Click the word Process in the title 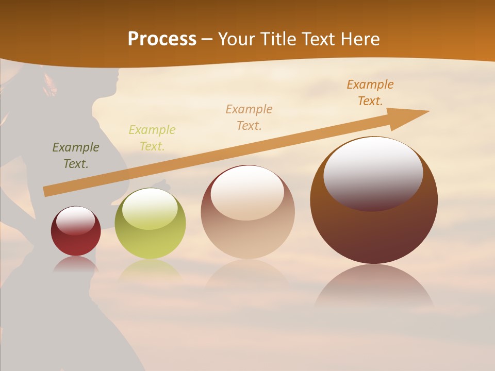(162, 39)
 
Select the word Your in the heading (237, 39)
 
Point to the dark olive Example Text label (76, 156)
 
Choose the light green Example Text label (152, 138)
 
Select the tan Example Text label (249, 117)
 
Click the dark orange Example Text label (370, 93)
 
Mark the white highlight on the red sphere (75, 221)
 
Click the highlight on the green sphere (150, 209)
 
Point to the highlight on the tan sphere (247, 192)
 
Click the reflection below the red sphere (76, 264)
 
